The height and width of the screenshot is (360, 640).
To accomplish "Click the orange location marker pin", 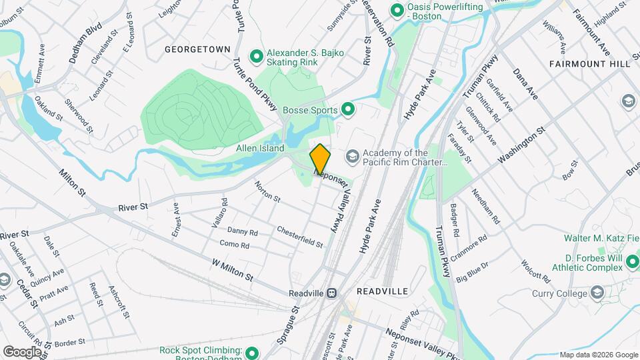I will [x=320, y=159].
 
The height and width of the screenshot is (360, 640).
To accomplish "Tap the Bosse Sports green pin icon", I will [x=347, y=109].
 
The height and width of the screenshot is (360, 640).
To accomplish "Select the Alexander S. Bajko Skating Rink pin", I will [x=255, y=56].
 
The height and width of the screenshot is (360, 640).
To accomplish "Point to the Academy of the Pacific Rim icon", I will [x=352, y=157].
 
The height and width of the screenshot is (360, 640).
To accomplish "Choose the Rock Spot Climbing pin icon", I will [x=252, y=352].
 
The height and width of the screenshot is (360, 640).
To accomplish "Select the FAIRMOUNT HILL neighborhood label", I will [x=589, y=63].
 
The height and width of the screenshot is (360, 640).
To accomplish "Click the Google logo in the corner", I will [x=22, y=351].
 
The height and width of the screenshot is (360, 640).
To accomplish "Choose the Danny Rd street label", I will [x=242, y=231].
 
